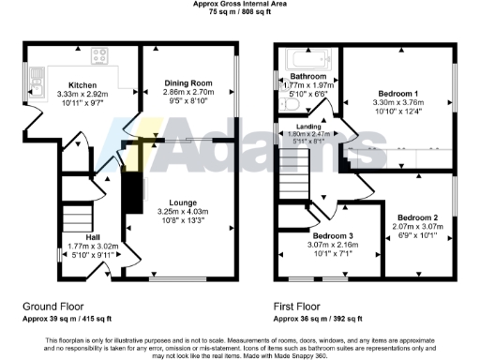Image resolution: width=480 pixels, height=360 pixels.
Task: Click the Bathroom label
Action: pos(307,75)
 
